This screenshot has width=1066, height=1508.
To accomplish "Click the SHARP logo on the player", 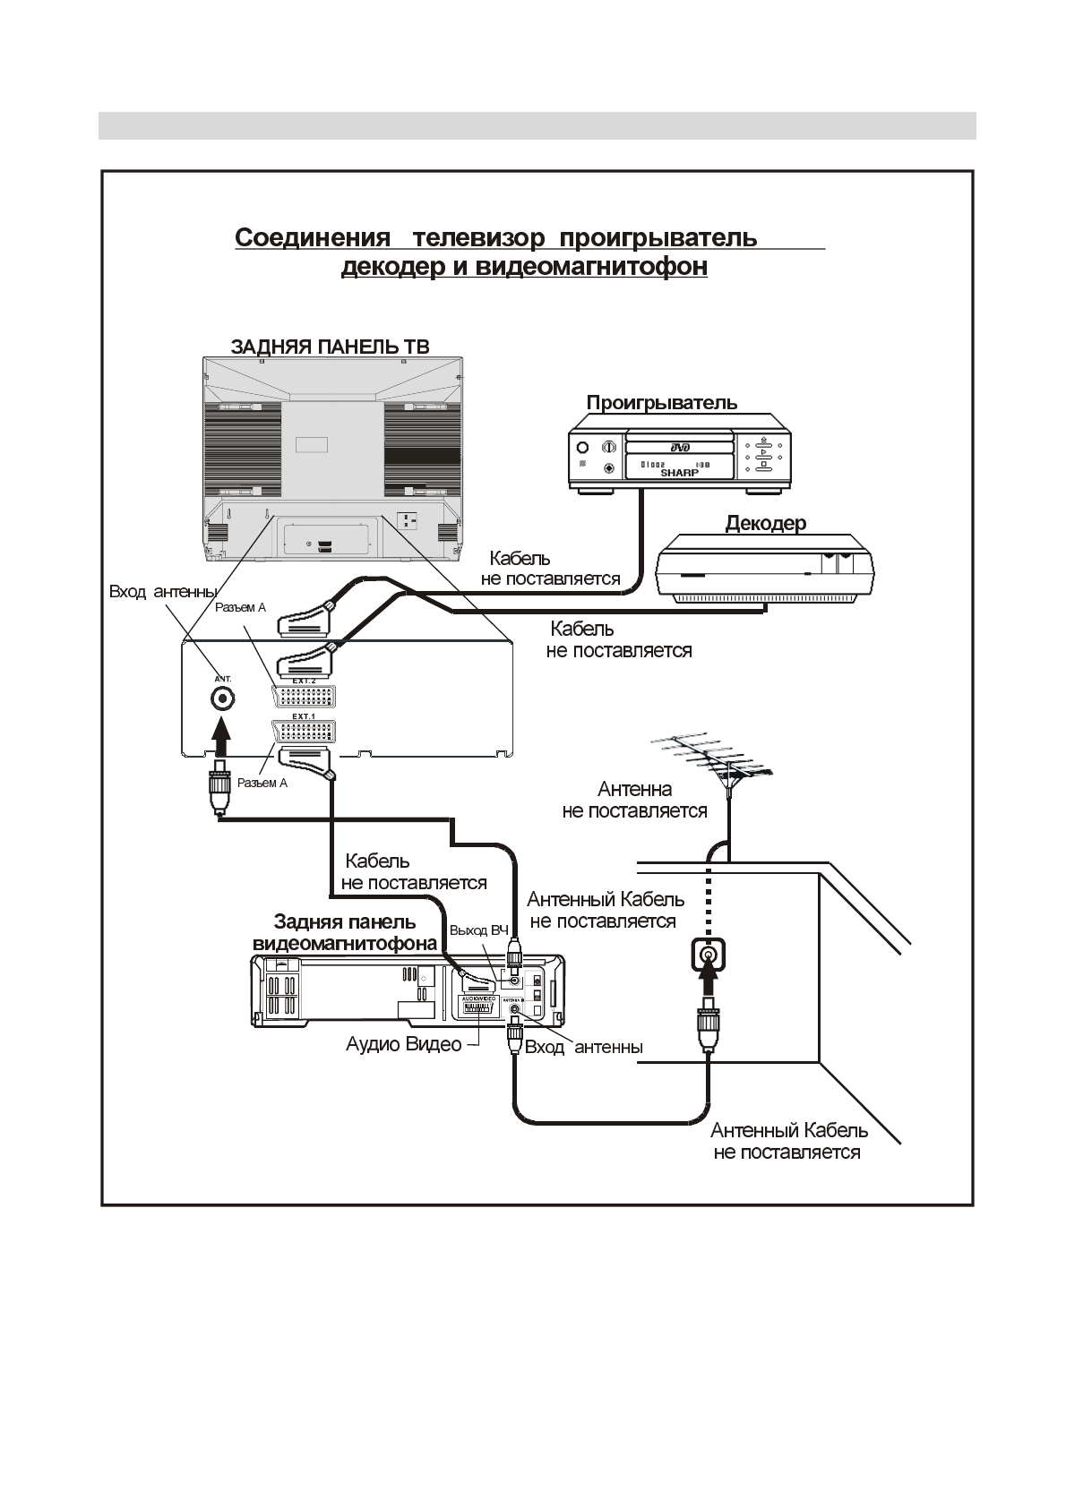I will coord(679,472).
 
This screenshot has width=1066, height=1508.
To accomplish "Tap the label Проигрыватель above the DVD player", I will coord(662,402).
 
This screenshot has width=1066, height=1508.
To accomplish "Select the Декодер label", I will coord(765,523).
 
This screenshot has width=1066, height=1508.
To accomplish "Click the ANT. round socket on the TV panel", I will coord(222,698).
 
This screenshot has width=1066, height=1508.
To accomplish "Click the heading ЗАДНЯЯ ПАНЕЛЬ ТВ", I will coord(330,347).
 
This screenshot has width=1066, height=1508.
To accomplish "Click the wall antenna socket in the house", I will coord(708,957).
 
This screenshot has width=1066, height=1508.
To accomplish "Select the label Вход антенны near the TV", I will coord(162,592).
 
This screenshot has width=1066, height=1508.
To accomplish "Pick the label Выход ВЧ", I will coord(478,930).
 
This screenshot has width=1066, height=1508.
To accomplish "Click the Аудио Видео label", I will coord(403,1044).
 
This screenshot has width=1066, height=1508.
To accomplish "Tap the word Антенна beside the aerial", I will coord(634,789).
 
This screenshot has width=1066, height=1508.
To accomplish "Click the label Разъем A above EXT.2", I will coord(240,608).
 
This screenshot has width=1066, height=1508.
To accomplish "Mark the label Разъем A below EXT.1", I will coord(262,783).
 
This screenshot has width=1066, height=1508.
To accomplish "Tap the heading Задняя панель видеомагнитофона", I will coord(345,932).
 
